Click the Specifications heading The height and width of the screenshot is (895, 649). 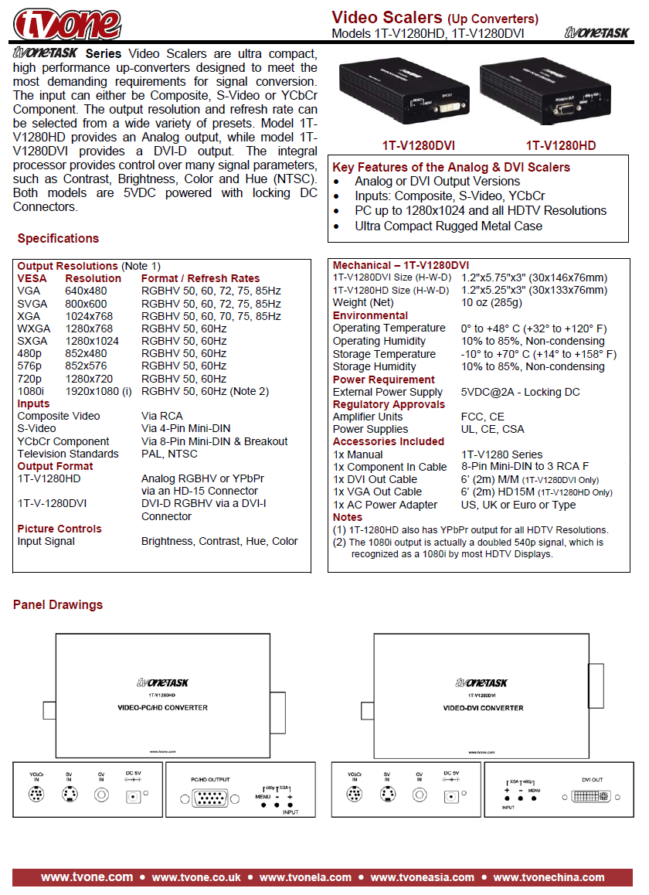(x=58, y=239)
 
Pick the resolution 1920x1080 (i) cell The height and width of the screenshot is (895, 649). (x=98, y=391)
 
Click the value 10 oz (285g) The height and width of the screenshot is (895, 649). (x=491, y=302)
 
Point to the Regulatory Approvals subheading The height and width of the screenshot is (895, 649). (x=389, y=404)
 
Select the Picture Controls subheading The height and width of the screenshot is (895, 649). (x=59, y=529)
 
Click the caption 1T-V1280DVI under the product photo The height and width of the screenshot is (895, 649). (x=418, y=145)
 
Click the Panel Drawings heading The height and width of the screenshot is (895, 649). (x=58, y=604)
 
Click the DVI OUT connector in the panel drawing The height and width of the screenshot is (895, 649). (x=592, y=795)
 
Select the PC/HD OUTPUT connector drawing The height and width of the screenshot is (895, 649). (x=211, y=799)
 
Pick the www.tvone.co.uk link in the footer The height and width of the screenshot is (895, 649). (x=196, y=877)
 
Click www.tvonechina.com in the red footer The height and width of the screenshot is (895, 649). (x=549, y=877)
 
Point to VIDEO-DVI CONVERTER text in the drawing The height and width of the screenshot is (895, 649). (x=483, y=708)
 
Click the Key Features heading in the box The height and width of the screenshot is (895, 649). (x=451, y=167)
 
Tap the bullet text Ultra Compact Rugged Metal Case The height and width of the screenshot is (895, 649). (x=448, y=226)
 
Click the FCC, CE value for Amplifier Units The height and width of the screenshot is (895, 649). (x=483, y=417)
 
